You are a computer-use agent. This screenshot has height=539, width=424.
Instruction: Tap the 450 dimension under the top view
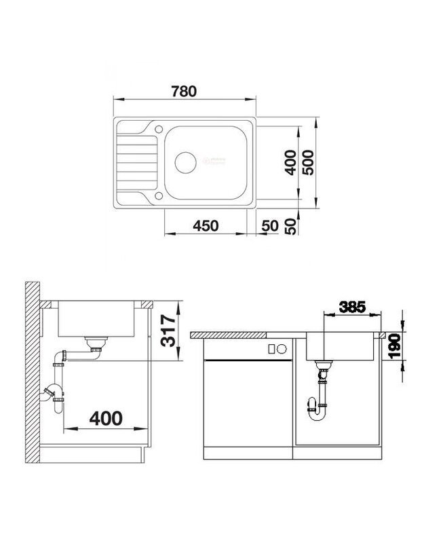coord(205,225)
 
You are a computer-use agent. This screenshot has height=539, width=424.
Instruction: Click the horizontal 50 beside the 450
coord(270,225)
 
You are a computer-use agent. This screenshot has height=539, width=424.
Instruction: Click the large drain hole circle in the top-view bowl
coord(185,162)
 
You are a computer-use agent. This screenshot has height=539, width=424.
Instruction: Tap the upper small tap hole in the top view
coord(157,129)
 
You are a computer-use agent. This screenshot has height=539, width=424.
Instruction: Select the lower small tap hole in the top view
coord(157,196)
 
